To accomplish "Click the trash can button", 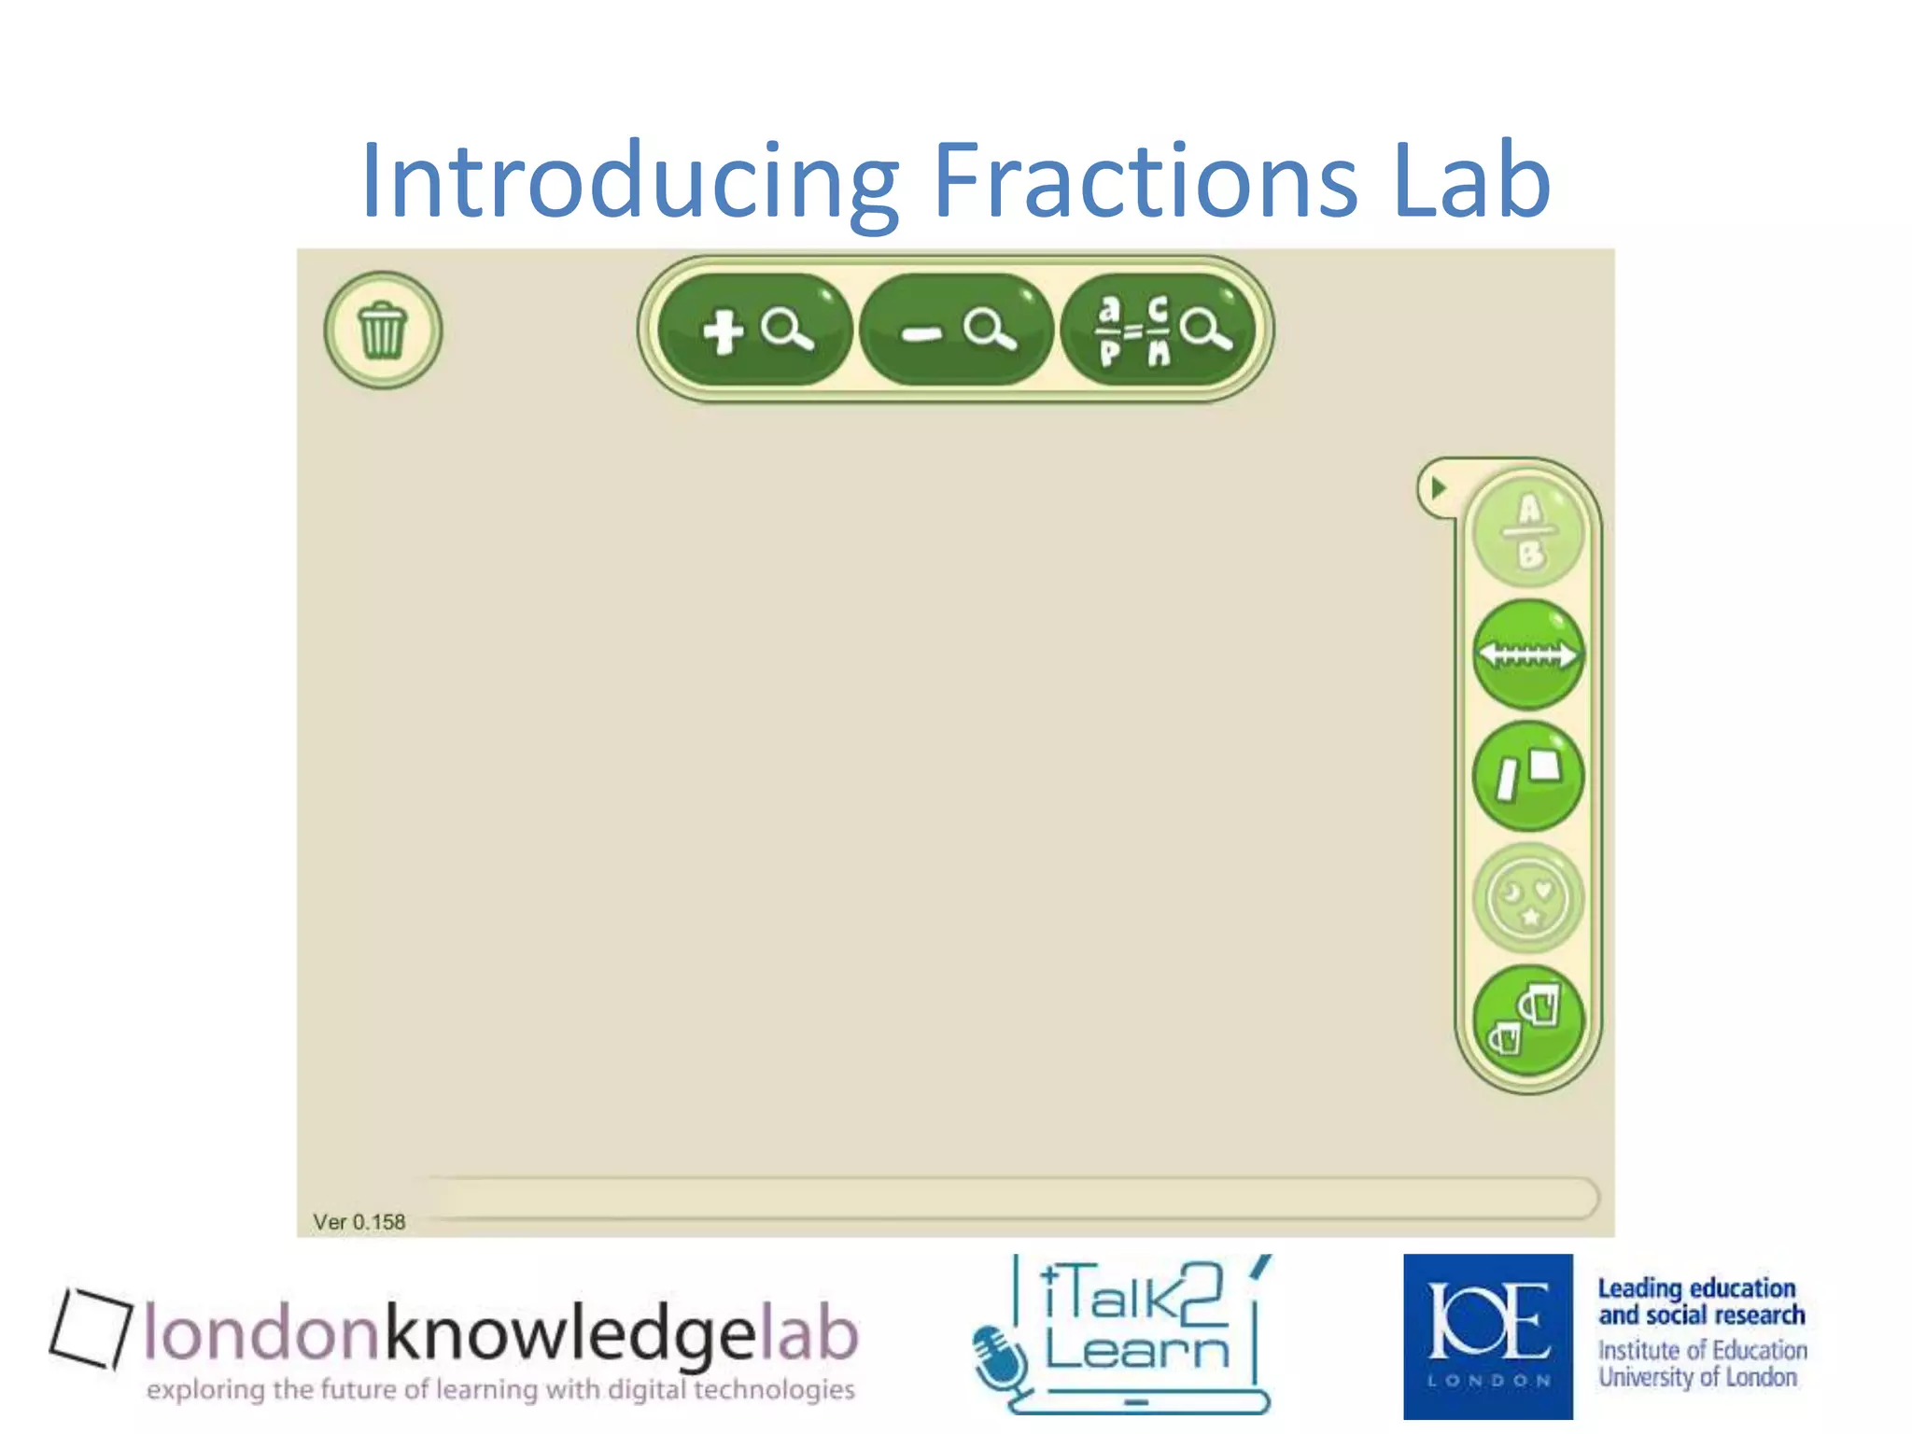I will (383, 330).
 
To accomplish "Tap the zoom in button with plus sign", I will (755, 330).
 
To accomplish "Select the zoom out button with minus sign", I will (956, 330).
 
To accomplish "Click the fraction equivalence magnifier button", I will (1159, 330).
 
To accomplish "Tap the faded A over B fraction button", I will (1528, 532).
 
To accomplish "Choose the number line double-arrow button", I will (1528, 654).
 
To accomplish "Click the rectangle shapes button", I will (1528, 776).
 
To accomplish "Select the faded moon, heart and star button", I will (1528, 898).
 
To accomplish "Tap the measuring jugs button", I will (1528, 1020).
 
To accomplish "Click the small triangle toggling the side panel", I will (1439, 487).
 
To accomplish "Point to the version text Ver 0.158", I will (359, 1222).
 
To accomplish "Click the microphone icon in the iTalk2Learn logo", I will (999, 1358).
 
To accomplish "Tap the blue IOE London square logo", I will (1488, 1336).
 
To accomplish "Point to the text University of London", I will (1697, 1378).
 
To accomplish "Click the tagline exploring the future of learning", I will (500, 1390).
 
